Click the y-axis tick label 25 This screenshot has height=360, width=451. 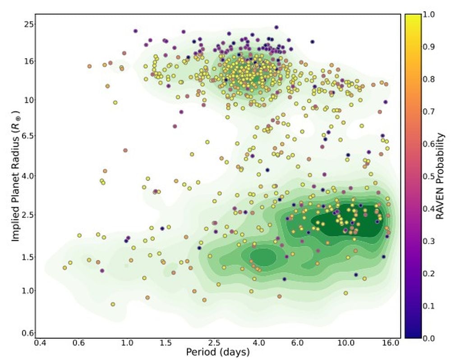point(28,23)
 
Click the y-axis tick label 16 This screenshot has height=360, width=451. point(28,61)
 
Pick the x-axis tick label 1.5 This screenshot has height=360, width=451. point(166,343)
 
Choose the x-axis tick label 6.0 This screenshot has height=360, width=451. point(298,343)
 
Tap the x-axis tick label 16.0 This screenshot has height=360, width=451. point(391,343)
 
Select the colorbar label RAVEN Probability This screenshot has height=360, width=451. point(442,176)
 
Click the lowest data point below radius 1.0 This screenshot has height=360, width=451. point(113,305)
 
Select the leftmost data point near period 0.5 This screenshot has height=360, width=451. point(64,268)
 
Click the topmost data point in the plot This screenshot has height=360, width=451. point(276,27)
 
